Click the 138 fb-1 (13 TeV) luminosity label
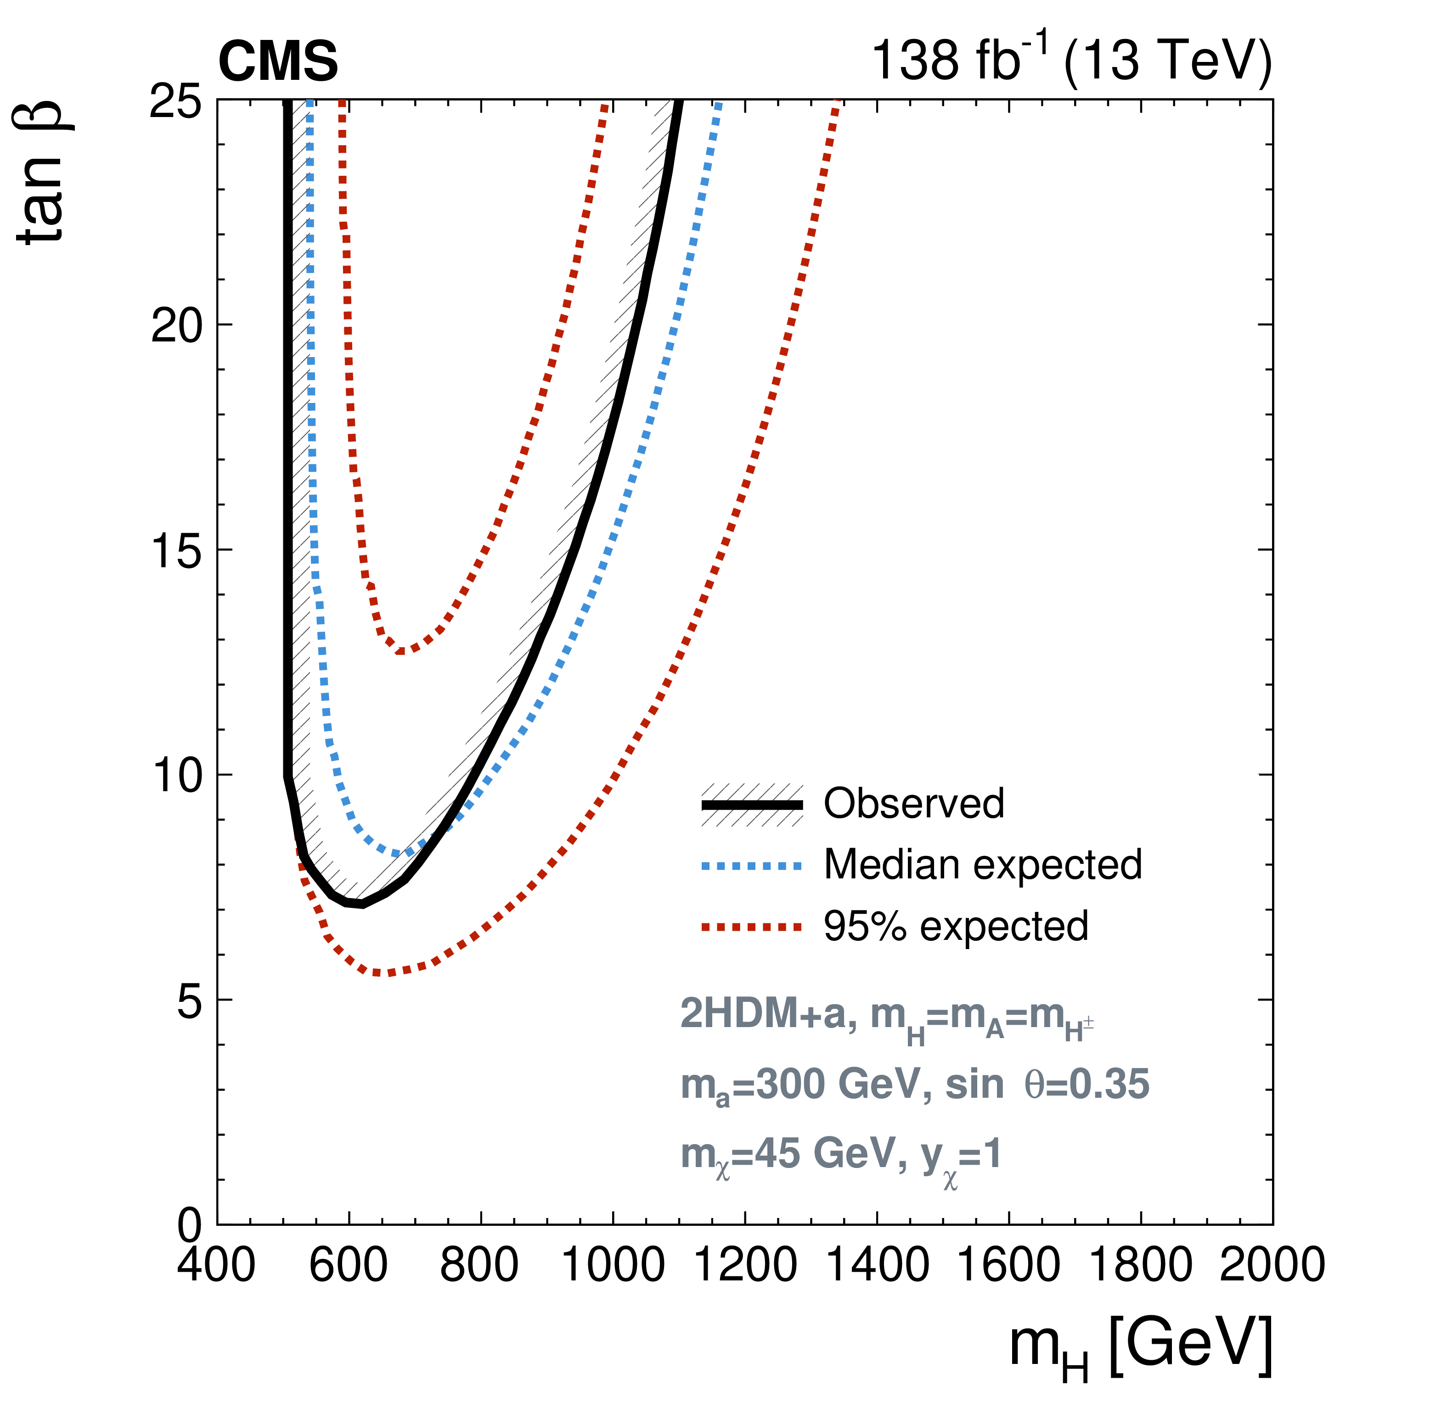click(x=1071, y=59)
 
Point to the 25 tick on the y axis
click(x=175, y=101)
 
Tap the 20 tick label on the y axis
click(x=175, y=325)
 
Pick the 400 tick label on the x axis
click(x=216, y=1264)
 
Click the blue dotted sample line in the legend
click(x=752, y=865)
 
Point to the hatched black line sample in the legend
click(x=752, y=804)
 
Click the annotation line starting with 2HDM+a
click(x=886, y=1015)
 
